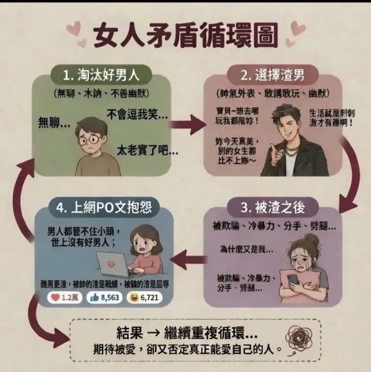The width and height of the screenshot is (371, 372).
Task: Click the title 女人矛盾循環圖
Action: (185, 35)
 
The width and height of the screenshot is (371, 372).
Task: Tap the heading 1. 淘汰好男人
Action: (101, 75)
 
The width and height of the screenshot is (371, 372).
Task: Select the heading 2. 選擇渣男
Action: (272, 75)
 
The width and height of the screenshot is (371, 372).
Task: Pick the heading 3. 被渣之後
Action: (273, 207)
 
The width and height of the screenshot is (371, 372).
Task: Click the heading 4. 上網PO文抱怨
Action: (104, 208)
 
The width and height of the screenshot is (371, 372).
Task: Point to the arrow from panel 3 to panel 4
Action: (188, 260)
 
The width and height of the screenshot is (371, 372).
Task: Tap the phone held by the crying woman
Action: (293, 280)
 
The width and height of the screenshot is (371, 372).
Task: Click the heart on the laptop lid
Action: (111, 264)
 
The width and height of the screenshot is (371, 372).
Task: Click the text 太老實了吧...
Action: (147, 151)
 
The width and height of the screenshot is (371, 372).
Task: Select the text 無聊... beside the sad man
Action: (54, 123)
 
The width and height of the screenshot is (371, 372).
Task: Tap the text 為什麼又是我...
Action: (246, 249)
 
